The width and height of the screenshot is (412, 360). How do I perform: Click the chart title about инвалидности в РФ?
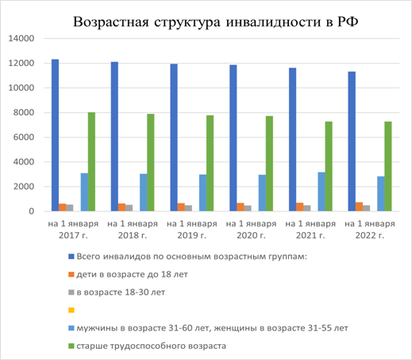[x=215, y=21]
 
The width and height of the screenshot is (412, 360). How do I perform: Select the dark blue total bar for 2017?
[x=55, y=135]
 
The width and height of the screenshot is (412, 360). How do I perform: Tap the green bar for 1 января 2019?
[x=210, y=163]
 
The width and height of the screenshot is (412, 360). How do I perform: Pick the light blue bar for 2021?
[x=322, y=192]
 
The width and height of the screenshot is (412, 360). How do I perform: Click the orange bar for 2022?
[x=359, y=207]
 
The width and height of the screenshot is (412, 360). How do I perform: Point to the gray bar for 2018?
[x=129, y=208]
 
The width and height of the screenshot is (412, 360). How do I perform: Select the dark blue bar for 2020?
[x=233, y=138]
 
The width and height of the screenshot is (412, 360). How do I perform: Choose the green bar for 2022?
[x=388, y=166]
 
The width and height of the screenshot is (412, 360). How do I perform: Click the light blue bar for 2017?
[x=84, y=192]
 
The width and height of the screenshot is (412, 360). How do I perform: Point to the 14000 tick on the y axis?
[x=21, y=38]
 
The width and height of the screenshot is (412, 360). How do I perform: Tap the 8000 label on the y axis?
[x=24, y=113]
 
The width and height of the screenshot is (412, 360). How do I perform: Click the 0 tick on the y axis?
[x=32, y=211]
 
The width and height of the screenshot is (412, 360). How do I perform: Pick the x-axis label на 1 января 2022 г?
[x=370, y=230]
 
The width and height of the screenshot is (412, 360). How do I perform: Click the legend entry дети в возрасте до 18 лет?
[x=128, y=274]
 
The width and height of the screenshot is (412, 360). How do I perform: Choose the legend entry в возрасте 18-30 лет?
[x=117, y=292]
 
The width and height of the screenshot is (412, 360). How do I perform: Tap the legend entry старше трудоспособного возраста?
[x=147, y=346]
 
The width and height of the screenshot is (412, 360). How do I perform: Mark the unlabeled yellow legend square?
[x=71, y=310]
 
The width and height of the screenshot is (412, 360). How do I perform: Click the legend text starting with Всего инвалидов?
[x=192, y=257]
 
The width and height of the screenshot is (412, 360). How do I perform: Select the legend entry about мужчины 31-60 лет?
[x=208, y=328]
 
